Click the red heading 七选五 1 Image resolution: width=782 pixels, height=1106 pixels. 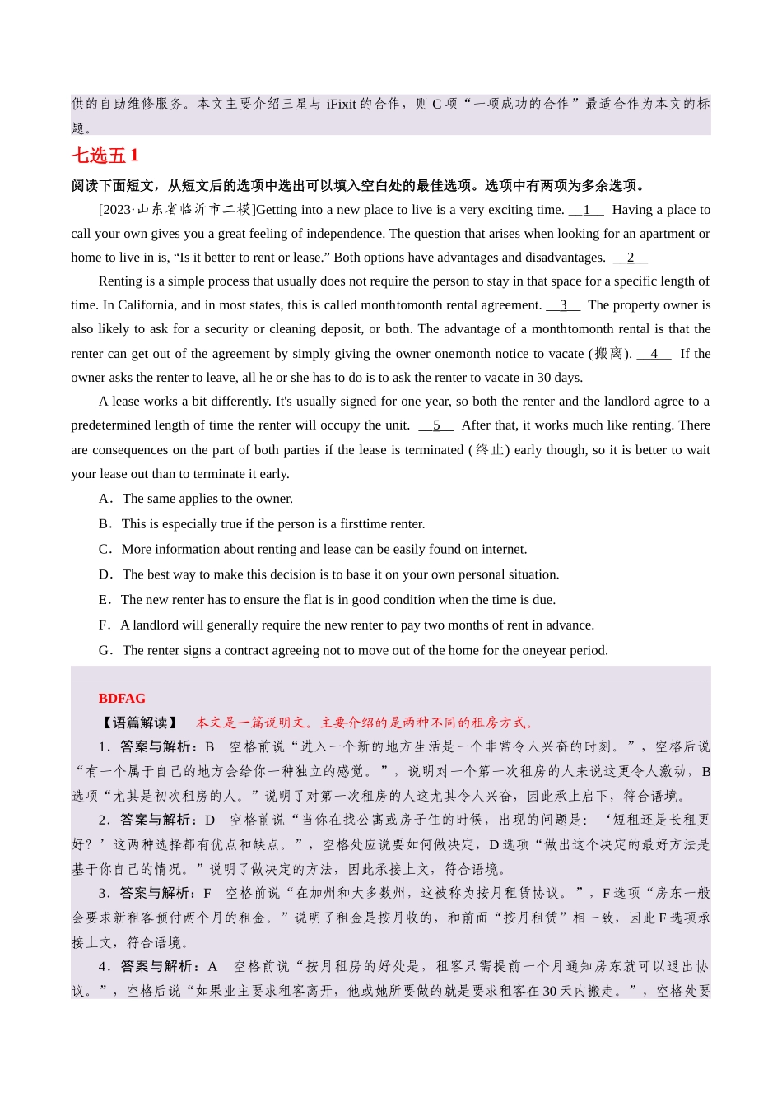point(105,156)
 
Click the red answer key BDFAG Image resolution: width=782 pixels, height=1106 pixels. point(122,698)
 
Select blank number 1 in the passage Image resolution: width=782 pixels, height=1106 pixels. point(587,210)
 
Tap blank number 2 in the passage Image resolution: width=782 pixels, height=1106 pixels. point(631,258)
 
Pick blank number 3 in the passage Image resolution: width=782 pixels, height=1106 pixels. point(563,305)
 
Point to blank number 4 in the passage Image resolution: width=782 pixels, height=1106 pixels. point(654,354)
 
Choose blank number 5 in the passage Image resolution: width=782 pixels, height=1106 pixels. point(436,425)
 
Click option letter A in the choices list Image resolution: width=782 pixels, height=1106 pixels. point(105,499)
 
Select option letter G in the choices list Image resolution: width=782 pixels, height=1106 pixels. point(105,650)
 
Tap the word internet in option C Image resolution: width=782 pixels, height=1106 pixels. point(503,549)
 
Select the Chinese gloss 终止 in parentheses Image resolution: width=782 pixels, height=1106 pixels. point(489,450)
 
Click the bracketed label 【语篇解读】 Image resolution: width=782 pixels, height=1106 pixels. point(138,723)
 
